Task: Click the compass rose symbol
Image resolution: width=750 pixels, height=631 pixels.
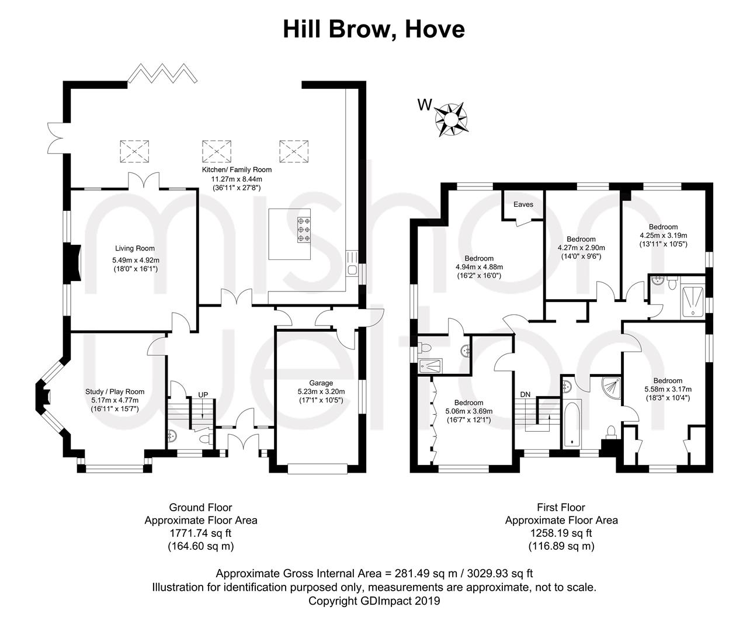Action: (451, 120)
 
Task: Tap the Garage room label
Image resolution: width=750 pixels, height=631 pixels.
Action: (321, 383)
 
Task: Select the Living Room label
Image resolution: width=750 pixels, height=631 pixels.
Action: (135, 248)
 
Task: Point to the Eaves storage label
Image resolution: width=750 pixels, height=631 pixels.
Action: (523, 204)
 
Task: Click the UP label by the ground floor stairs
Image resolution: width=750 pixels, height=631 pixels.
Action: (203, 394)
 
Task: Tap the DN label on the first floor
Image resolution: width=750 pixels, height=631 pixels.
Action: (525, 394)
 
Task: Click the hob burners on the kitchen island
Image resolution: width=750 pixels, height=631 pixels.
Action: (304, 230)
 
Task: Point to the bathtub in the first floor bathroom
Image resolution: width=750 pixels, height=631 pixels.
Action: (570, 424)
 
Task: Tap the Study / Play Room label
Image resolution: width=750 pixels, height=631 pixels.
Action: (114, 391)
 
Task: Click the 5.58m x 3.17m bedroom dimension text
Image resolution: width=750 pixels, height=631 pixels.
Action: (668, 389)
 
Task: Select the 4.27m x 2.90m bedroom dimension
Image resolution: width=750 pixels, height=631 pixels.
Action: (581, 248)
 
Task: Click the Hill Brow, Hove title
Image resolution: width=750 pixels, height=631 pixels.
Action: (374, 29)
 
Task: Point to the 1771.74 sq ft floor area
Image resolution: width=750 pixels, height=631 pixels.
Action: (201, 533)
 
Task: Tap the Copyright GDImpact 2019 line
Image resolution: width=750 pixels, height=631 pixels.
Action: (374, 601)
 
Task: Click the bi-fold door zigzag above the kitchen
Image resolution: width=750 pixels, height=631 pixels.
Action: (162, 73)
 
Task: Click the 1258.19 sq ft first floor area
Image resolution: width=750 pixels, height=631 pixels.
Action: (561, 533)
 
